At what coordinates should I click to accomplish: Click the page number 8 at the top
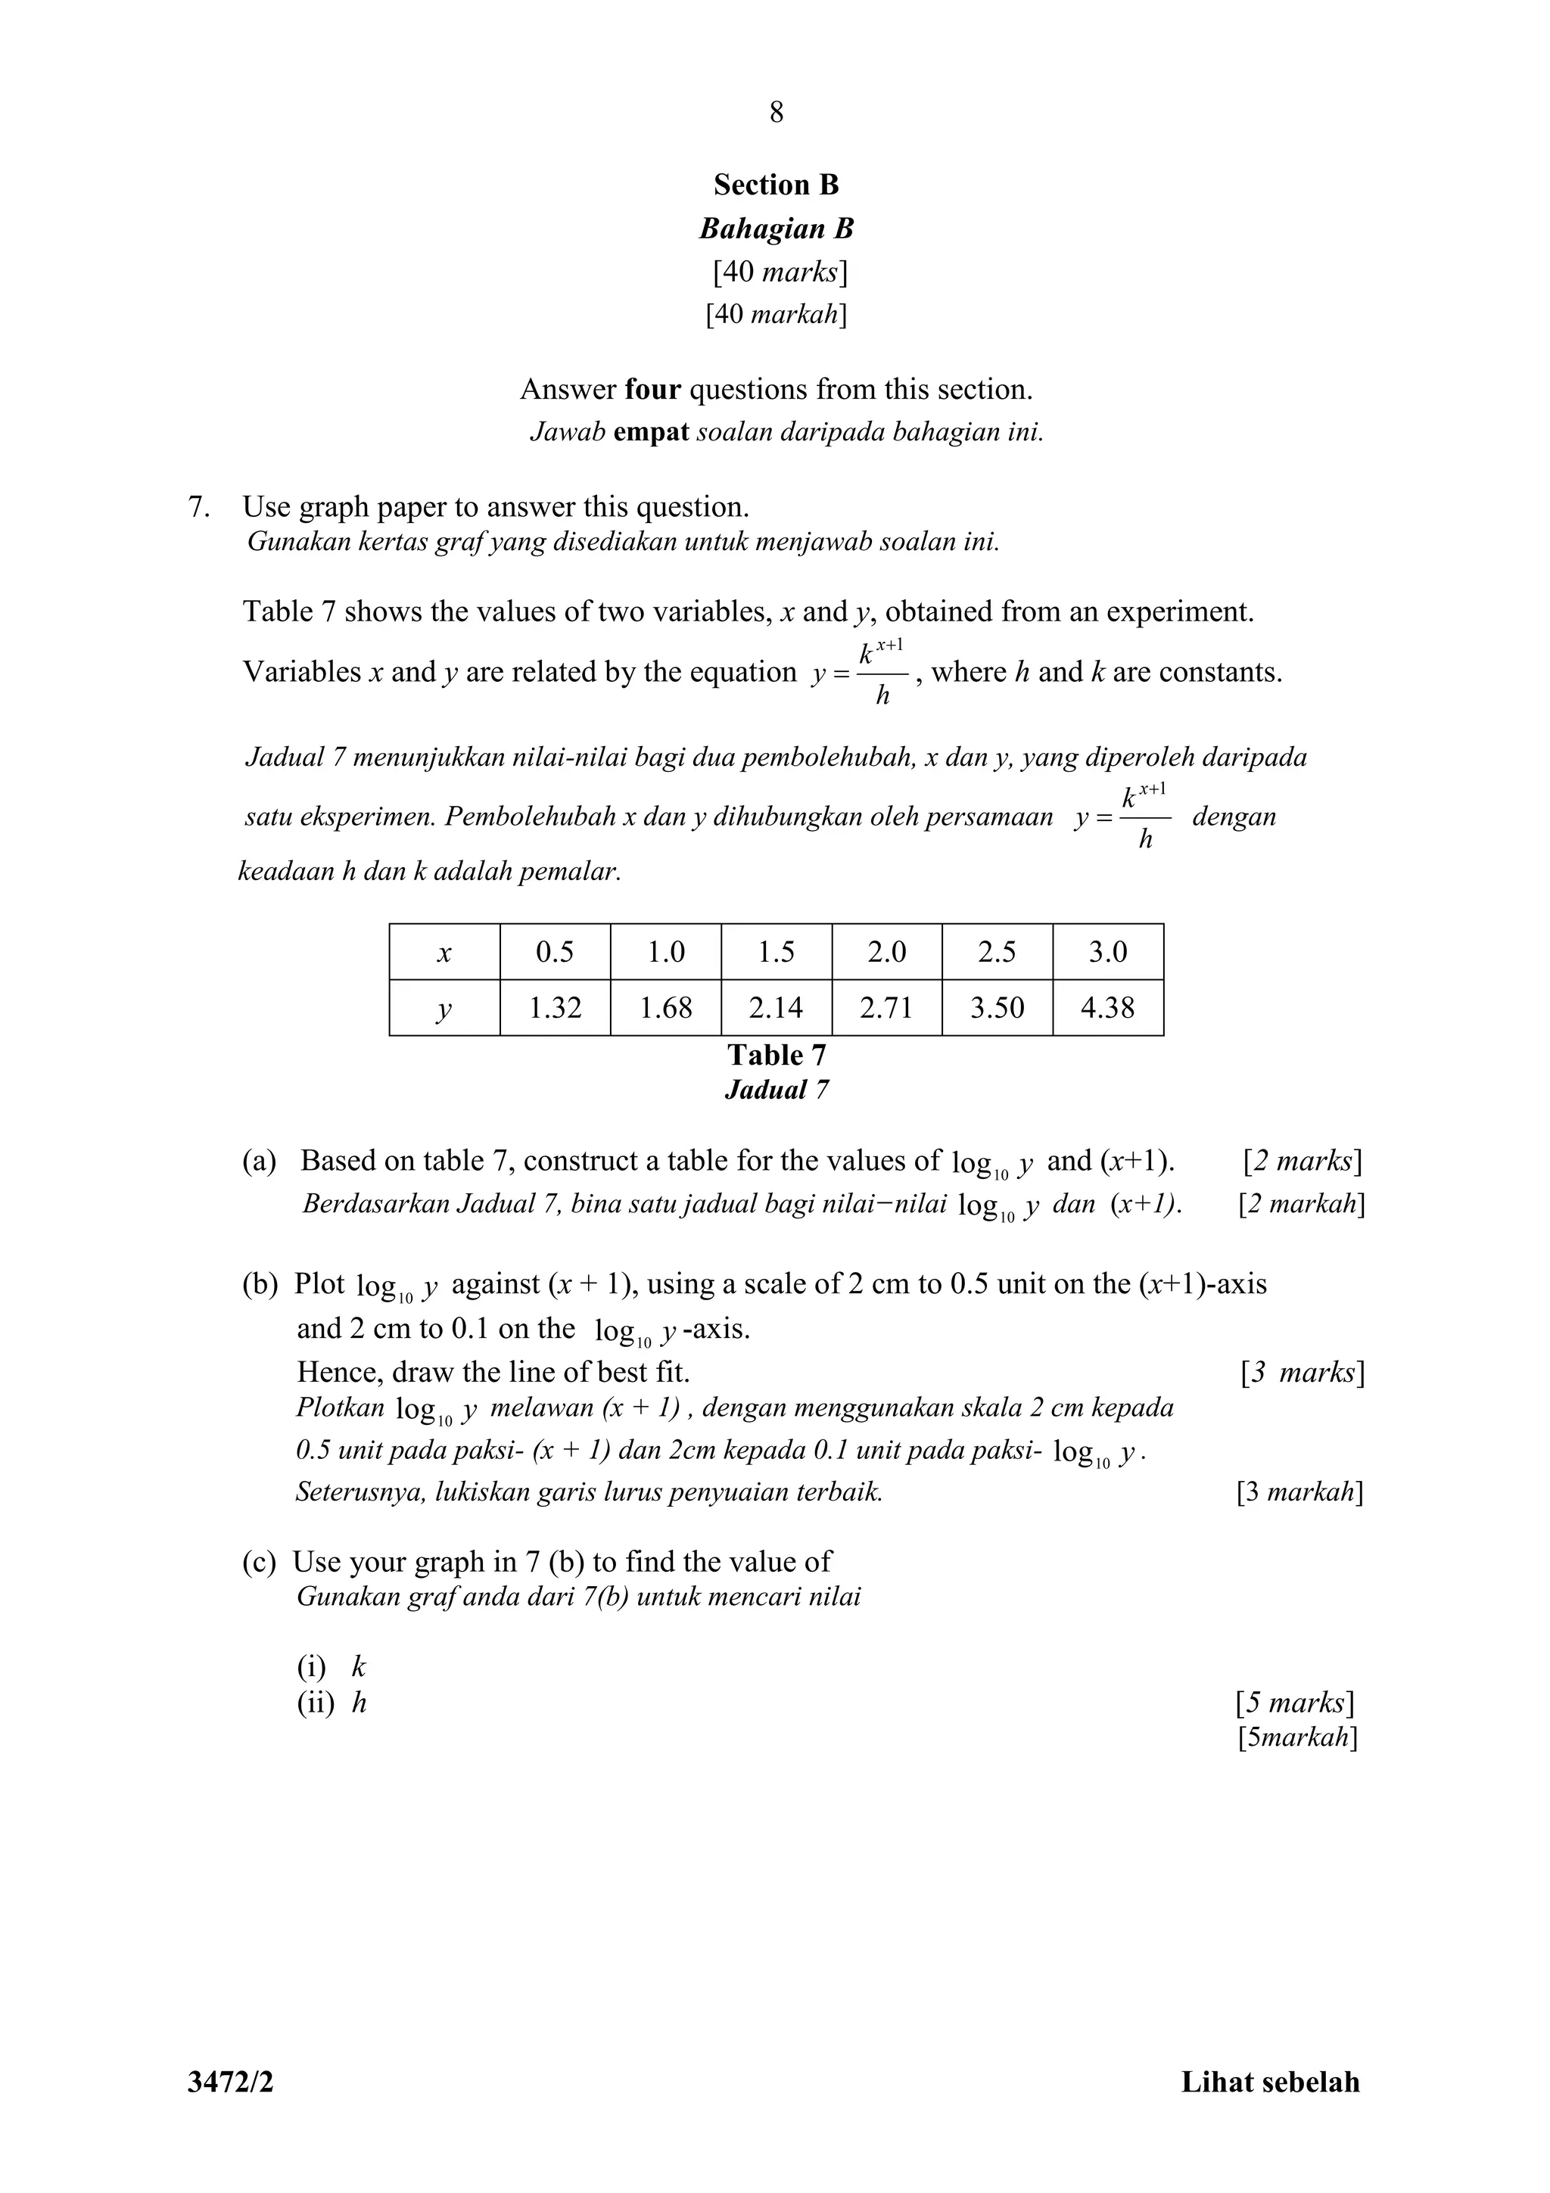[776, 113]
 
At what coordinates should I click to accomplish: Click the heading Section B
[776, 185]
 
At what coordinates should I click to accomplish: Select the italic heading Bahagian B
[776, 229]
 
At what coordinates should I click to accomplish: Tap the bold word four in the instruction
[652, 390]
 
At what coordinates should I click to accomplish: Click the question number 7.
[198, 507]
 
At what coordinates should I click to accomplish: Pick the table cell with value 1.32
[555, 1008]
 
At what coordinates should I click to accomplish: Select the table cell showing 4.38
[1108, 1008]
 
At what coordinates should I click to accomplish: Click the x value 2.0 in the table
[886, 952]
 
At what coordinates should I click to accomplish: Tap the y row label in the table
[444, 1009]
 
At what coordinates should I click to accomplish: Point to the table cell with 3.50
[997, 1008]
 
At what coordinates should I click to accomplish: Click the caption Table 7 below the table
[777, 1056]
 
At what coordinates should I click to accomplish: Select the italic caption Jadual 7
[777, 1090]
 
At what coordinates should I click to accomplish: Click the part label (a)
[259, 1162]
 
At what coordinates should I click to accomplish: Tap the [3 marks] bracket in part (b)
[1303, 1373]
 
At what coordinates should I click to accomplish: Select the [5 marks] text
[1295, 1702]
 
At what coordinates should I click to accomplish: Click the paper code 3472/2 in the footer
[230, 2083]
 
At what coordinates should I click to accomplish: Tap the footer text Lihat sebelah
[1269, 2083]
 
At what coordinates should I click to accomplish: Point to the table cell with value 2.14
[776, 1008]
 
